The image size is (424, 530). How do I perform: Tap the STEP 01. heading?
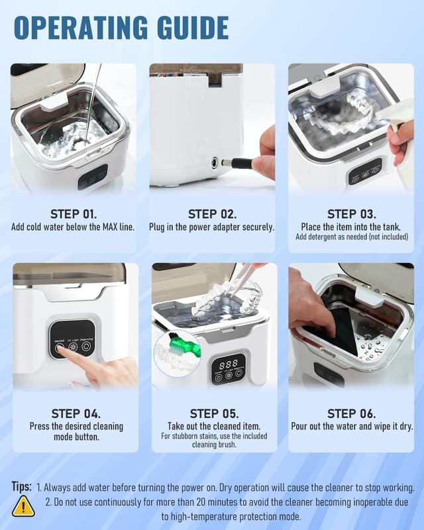[74, 214]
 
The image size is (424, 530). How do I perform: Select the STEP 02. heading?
[211, 214]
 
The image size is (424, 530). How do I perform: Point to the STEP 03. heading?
[350, 214]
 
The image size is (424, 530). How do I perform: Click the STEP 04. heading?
[74, 414]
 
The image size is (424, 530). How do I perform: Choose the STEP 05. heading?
[211, 414]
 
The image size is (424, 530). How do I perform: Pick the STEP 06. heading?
[350, 414]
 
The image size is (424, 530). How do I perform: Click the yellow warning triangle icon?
[23, 506]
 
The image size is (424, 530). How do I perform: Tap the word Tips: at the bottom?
[21, 487]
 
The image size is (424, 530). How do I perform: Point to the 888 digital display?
[228, 364]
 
